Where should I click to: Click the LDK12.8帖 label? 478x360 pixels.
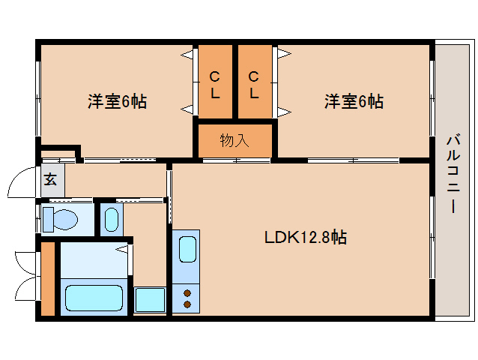pyautogui.click(x=306, y=237)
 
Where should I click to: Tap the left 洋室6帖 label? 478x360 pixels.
pyautogui.click(x=118, y=101)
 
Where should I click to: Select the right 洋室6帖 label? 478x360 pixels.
pyautogui.click(x=354, y=101)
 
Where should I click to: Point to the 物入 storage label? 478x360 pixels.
pyautogui.click(x=235, y=140)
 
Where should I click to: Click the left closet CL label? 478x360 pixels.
pyautogui.click(x=215, y=85)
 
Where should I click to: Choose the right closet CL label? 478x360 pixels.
pyautogui.click(x=254, y=85)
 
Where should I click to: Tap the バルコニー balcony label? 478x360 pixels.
pyautogui.click(x=453, y=173)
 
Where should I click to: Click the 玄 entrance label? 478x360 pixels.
pyautogui.click(x=50, y=179)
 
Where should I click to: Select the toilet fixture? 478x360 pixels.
pyautogui.click(x=61, y=219)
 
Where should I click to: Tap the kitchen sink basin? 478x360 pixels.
pyautogui.click(x=187, y=249)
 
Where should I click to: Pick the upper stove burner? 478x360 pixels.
pyautogui.click(x=187, y=293)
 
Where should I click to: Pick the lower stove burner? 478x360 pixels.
pyautogui.click(x=187, y=304)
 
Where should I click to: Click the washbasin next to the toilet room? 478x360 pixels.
pyautogui.click(x=112, y=220)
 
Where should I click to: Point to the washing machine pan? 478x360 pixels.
pyautogui.click(x=150, y=299)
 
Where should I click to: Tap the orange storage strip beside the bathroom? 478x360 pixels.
pyautogui.click(x=48, y=278)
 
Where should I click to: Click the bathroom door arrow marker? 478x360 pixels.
pyautogui.click(x=121, y=250)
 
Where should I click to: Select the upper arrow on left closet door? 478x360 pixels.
pyautogui.click(x=187, y=55)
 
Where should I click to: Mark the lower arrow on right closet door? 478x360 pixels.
pyautogui.click(x=284, y=112)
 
